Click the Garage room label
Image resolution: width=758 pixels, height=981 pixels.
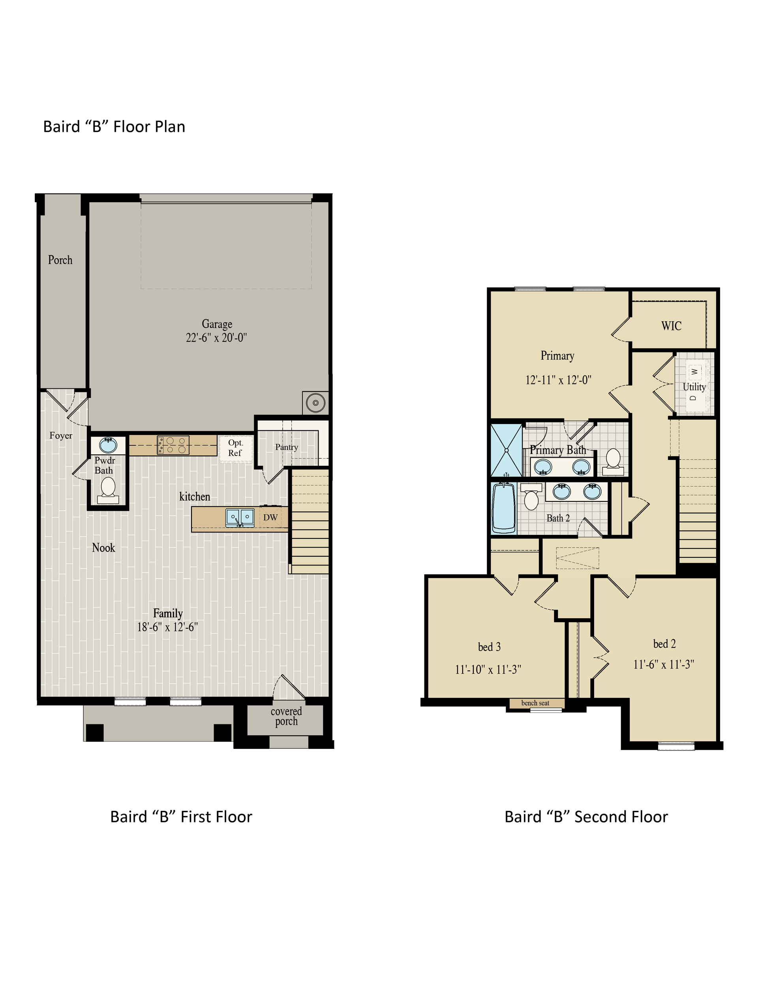[x=217, y=324]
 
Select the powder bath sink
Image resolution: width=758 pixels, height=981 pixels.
[x=108, y=445]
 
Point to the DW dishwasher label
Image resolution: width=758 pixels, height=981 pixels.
[x=270, y=518]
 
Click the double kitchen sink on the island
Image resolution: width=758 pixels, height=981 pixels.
[x=240, y=518]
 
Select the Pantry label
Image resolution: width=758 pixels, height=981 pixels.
[x=287, y=447]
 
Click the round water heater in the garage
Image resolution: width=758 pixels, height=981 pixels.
[x=315, y=403]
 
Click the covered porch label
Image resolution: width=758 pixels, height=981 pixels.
[x=286, y=717]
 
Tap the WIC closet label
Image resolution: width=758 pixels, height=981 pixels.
[x=671, y=326]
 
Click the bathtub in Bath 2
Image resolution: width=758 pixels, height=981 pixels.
[x=504, y=508]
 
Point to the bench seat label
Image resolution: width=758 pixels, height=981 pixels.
[x=535, y=703]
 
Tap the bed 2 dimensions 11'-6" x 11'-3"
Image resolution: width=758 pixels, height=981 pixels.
[x=664, y=664]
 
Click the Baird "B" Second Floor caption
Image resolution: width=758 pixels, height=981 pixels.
[x=586, y=817]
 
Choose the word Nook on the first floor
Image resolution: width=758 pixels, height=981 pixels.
[x=103, y=548]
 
